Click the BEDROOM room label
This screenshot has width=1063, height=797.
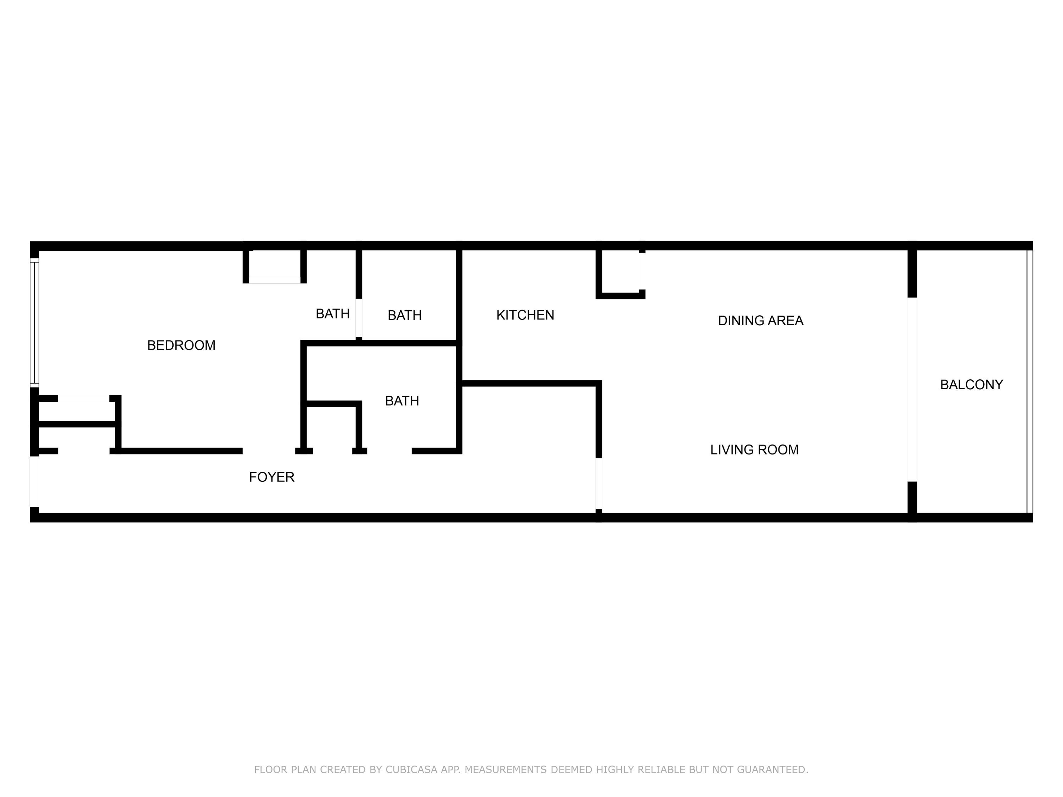(181, 345)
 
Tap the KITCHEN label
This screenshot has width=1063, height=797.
(525, 315)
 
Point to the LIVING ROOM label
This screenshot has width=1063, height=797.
(754, 450)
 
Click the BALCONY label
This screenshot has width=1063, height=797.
(972, 385)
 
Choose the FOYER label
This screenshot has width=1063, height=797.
(271, 477)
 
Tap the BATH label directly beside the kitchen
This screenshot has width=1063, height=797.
(405, 315)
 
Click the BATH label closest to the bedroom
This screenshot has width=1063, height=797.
(333, 314)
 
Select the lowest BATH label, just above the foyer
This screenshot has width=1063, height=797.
(402, 401)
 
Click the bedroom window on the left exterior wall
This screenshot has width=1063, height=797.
(35, 323)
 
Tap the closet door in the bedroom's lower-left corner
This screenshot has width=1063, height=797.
(84, 398)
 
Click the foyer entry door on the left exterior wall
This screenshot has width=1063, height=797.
(35, 481)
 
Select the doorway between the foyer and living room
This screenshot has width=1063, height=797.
(599, 483)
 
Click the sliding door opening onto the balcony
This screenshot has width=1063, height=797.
(912, 390)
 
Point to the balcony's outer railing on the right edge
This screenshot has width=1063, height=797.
(1030, 382)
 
